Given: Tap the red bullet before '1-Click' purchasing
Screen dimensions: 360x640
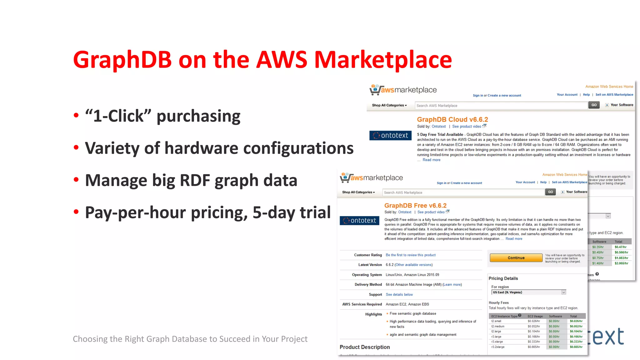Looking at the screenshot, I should pos(76,116).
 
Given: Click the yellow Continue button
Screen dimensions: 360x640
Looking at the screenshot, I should pos(516,258).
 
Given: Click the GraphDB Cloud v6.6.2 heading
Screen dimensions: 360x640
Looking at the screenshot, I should pos(452,119).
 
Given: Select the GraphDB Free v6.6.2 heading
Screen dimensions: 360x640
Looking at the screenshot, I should pos(415,205).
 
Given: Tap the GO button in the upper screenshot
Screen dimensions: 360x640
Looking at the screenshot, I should pos(594,105).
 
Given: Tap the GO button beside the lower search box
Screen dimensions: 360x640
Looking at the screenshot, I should pos(550,192).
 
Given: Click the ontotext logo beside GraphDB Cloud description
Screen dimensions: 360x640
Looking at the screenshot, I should pos(390,135).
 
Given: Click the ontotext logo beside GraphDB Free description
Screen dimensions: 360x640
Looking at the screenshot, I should pos(359,221).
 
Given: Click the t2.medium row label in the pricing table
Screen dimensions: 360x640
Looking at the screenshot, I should pos(497,326).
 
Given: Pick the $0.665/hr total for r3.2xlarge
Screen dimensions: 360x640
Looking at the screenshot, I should pos(576,347).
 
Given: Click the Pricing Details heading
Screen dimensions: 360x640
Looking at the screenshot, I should pos(503,278).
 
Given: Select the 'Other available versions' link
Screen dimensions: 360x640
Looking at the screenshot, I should pos(413,265).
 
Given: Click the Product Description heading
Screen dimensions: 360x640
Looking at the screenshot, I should pos(364,347).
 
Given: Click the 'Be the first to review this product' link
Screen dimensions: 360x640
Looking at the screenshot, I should pos(410,255).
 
